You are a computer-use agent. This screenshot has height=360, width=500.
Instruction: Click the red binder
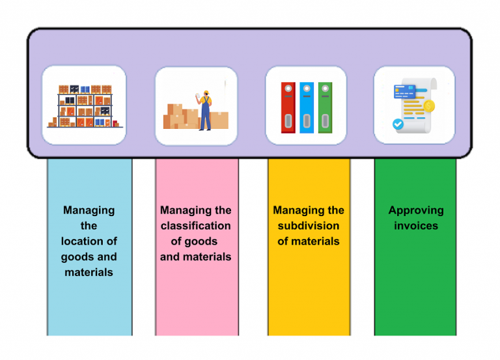click(288, 107)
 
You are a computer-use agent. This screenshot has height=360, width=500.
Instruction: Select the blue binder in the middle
click(307, 107)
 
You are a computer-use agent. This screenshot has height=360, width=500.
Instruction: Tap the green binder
click(325, 107)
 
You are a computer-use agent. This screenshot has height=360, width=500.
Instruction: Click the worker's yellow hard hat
click(206, 92)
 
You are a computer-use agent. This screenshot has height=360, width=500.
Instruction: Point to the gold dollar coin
click(429, 105)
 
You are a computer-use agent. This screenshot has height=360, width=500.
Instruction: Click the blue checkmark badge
click(398, 124)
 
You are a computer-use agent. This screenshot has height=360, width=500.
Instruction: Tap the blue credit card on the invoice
click(404, 91)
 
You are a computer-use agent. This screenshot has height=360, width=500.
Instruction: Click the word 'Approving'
click(416, 210)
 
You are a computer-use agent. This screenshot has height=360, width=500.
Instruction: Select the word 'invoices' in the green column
click(416, 226)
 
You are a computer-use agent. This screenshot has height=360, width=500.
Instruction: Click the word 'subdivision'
click(309, 226)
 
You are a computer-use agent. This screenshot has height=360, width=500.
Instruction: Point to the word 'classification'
click(195, 226)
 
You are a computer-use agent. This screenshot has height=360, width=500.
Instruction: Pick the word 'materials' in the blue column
click(89, 272)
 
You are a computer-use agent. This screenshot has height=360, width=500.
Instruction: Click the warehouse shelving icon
click(84, 106)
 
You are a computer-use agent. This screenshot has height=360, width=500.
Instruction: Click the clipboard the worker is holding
click(198, 95)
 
